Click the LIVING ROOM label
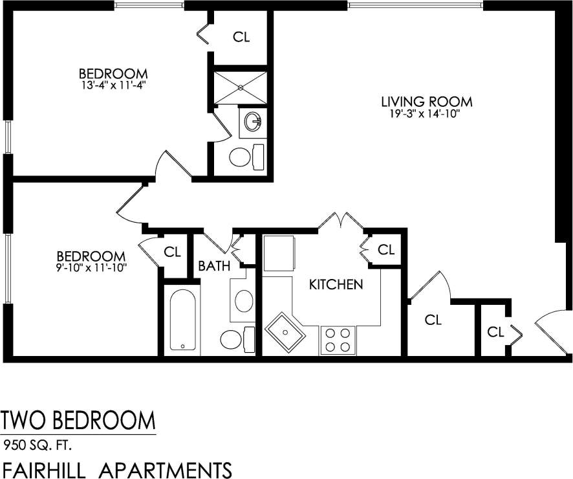click(426, 102)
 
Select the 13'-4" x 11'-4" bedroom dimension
click(113, 84)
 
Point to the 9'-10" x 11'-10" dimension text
click(91, 267)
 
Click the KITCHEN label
click(336, 285)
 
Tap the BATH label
click(214, 266)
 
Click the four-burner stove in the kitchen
click(338, 340)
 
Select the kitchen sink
click(285, 333)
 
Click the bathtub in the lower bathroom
click(182, 320)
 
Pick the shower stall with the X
click(240, 87)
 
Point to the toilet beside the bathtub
click(235, 339)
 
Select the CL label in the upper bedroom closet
click(241, 37)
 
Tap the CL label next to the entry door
click(496, 332)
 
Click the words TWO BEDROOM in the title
click(78, 421)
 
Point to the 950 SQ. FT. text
click(38, 445)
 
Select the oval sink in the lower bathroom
click(243, 301)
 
